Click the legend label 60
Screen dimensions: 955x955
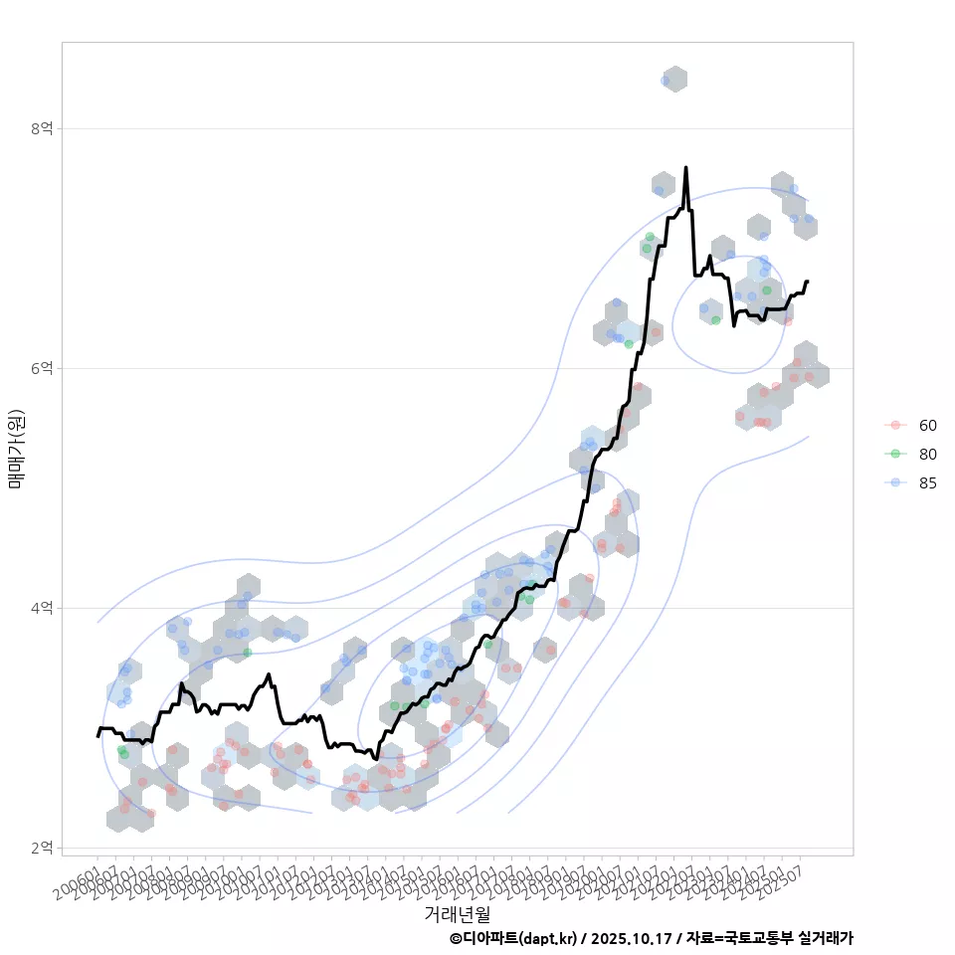927,426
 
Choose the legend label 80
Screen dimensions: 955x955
927,454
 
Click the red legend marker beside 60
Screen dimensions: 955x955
895,426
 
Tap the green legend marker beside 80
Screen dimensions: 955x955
895,454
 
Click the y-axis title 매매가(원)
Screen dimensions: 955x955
16,449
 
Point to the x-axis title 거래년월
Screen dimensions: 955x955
457,912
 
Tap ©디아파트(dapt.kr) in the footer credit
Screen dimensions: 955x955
512,938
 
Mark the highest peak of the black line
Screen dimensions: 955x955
686,168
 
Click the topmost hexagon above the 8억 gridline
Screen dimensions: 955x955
674,80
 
